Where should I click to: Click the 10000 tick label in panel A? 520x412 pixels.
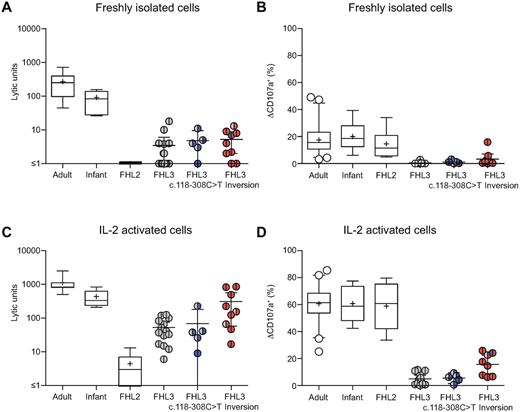click(33, 29)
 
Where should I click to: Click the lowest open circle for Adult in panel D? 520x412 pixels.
click(320, 351)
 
